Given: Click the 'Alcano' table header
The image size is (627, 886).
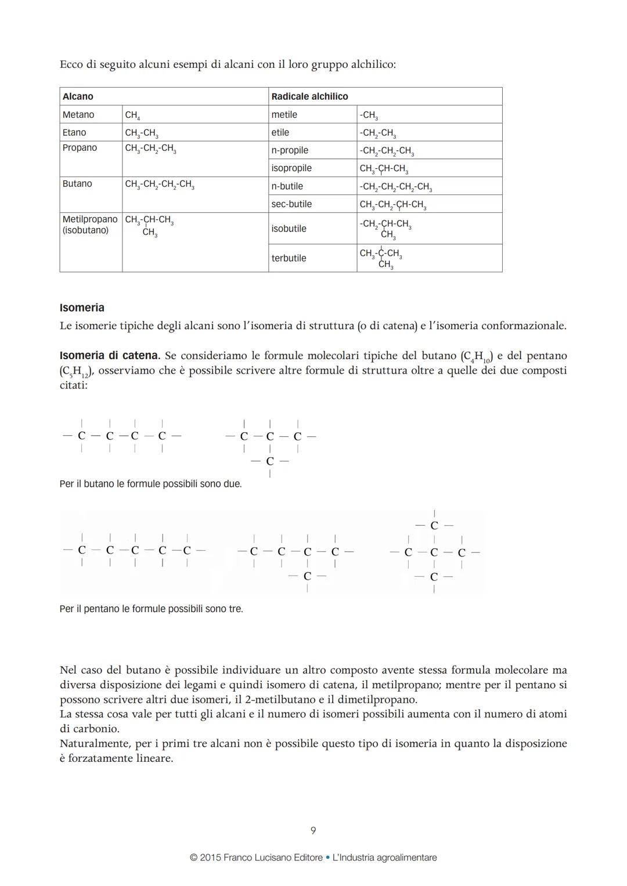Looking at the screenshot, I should pos(78,96).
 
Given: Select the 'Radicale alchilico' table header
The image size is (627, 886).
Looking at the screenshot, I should pos(309,96).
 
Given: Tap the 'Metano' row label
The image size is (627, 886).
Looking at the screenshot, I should pos(78,115).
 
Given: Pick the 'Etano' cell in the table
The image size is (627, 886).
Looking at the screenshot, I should pos(74,132).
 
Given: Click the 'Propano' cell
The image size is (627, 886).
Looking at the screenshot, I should pos(80,148).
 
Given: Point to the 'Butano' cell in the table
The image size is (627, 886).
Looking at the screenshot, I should pos(77,184).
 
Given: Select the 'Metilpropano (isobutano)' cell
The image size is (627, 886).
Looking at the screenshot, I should pos(90,225).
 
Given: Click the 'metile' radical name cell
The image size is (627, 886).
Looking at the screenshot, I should pos(284,115).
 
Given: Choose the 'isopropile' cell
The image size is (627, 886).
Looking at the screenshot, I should pos(291,168).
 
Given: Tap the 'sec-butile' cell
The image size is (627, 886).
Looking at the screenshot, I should pos(291,204).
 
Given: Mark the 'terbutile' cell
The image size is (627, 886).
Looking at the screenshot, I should pos(289,258).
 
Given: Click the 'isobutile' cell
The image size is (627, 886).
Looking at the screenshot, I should pos(289,229).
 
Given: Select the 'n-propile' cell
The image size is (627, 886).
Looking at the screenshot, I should pos(290,150).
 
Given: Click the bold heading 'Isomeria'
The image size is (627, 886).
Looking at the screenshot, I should pos(82,308).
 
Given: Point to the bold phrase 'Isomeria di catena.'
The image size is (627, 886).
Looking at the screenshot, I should pos(110,355).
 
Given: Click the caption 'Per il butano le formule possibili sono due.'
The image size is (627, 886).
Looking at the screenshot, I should pos(150,483).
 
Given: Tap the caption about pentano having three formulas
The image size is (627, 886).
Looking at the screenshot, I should pos(151,609).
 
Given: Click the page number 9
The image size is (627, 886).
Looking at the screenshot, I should pos(313,830).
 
